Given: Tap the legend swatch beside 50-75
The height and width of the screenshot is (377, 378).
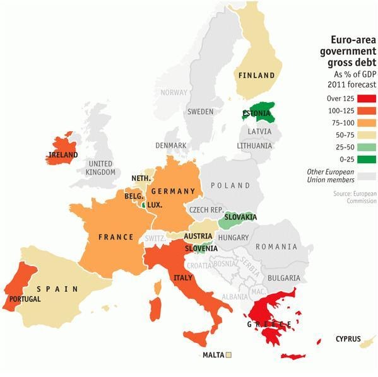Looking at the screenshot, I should [x=367, y=134].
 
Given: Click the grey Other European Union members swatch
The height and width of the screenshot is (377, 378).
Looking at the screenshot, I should [x=367, y=177].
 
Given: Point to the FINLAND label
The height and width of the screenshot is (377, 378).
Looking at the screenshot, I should [x=256, y=76].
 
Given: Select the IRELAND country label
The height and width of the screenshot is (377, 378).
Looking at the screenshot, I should [x=63, y=154].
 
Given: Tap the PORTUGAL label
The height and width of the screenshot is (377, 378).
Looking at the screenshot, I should [x=25, y=299].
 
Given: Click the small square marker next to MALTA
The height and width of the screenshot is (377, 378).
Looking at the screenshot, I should [x=229, y=355].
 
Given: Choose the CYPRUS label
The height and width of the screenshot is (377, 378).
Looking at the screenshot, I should [x=348, y=339].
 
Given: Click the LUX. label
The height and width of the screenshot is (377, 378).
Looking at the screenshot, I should [x=155, y=205].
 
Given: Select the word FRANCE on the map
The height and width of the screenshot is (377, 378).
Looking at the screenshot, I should [x=116, y=237].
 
